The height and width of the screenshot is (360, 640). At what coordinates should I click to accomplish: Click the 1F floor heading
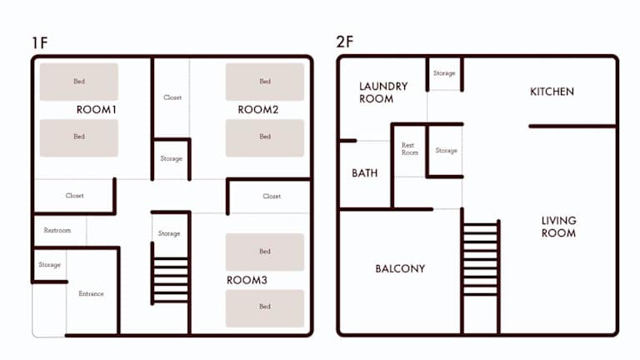click(x=40, y=42)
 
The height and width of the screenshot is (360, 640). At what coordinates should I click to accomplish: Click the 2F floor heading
click(x=344, y=42)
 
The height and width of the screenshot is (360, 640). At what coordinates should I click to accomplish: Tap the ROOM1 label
click(x=97, y=109)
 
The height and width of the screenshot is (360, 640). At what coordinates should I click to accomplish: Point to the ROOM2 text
click(x=258, y=109)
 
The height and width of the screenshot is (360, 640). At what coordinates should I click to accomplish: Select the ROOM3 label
click(x=247, y=280)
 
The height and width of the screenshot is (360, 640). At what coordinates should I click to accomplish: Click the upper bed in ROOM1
click(x=79, y=82)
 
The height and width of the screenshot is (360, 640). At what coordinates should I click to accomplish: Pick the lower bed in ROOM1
click(x=79, y=138)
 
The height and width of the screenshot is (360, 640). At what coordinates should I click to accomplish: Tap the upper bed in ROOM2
click(x=265, y=82)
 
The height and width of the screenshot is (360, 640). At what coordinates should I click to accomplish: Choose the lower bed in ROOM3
click(x=265, y=308)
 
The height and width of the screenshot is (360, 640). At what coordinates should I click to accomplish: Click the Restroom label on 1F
click(x=57, y=230)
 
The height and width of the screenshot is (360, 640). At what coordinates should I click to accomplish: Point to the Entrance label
click(x=91, y=293)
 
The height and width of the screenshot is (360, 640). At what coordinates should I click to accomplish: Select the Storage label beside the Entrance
click(x=49, y=264)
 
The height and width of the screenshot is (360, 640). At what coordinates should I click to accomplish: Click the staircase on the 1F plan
click(x=170, y=280)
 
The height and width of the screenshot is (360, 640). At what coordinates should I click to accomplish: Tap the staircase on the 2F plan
click(x=481, y=258)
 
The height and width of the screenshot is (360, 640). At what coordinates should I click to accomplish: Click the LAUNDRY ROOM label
click(x=383, y=92)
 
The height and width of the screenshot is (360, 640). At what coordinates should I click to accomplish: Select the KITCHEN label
click(x=552, y=92)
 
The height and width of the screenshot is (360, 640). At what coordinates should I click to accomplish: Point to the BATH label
click(x=364, y=173)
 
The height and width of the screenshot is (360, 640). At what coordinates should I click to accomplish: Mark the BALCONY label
click(x=400, y=268)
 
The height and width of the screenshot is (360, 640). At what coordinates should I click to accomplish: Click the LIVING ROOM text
click(x=559, y=227)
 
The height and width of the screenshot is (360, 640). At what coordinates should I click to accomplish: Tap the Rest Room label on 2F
click(x=410, y=148)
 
